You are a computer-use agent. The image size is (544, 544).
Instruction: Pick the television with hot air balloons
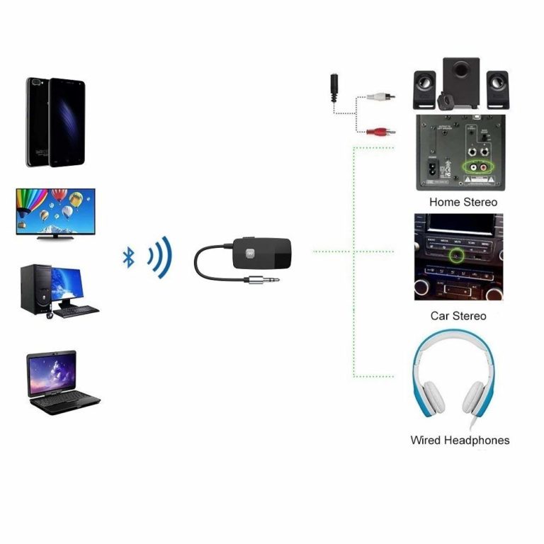pos(56,211)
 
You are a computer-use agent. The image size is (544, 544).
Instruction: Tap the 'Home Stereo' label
pos(463,202)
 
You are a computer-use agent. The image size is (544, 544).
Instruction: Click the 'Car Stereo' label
pos(458,316)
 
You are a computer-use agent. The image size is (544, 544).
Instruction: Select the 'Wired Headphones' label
pos(460,440)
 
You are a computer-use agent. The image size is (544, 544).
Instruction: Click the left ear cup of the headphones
pos(427,399)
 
